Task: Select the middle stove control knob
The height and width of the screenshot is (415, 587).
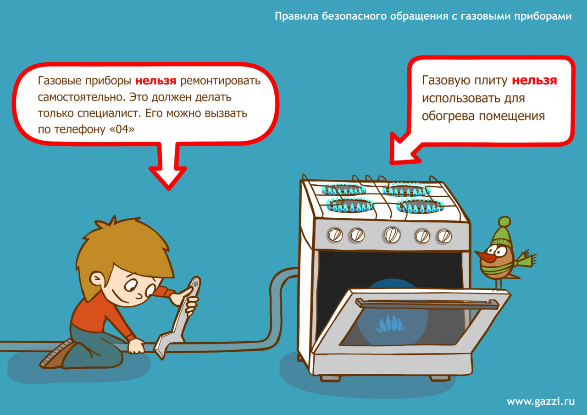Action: (392, 234)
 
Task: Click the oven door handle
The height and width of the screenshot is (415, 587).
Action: (427, 304)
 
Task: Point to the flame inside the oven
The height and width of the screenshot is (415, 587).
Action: (390, 324)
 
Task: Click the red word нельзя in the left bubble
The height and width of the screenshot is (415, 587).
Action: (155, 80)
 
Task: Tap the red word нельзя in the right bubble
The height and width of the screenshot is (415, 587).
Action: (534, 80)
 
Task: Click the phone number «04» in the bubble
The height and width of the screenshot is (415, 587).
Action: (122, 129)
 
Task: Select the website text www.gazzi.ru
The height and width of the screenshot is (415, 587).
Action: (541, 401)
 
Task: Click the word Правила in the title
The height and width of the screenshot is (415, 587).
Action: (297, 16)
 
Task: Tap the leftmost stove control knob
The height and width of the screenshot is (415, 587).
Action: (335, 234)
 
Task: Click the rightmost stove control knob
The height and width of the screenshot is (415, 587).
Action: (443, 236)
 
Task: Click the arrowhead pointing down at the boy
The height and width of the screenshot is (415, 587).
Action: (168, 178)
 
